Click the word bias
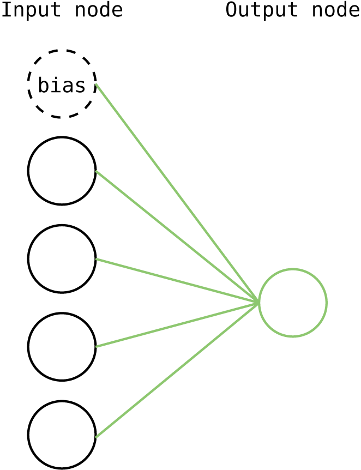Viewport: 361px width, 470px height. click(x=62, y=86)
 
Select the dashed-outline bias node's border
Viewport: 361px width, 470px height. click(x=62, y=52)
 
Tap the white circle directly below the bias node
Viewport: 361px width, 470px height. click(x=62, y=171)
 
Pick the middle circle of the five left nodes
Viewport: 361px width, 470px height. click(x=62, y=259)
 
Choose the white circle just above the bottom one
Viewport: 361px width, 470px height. click(x=62, y=347)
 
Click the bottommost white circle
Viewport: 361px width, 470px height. click(x=62, y=435)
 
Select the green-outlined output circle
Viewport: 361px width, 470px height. click(x=293, y=303)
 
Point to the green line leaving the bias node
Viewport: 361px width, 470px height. click(x=175, y=191)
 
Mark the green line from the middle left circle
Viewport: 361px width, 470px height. click(x=175, y=280)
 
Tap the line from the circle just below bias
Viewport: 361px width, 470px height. click(x=175, y=235)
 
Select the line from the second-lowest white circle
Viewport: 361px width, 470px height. click(x=175, y=325)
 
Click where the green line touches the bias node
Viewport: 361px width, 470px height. click(x=95, y=83)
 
